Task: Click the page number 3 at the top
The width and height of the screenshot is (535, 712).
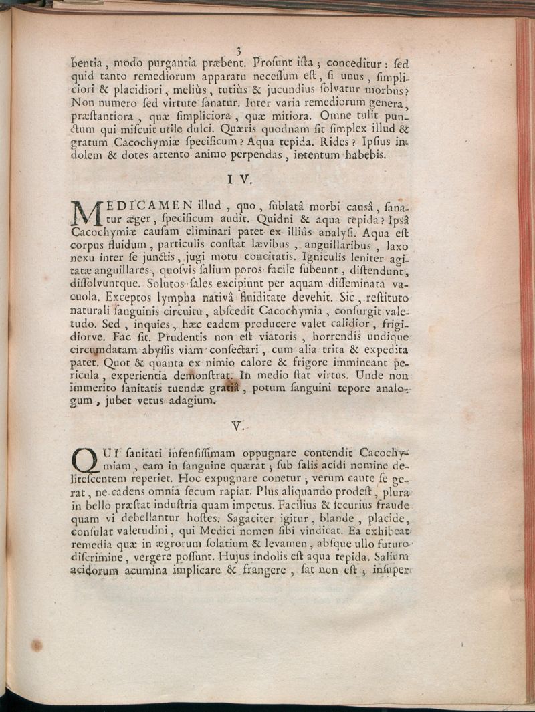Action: point(239,50)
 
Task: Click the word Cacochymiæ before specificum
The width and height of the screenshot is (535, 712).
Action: point(146,142)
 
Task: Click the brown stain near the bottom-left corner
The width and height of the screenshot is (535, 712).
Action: point(36,646)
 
